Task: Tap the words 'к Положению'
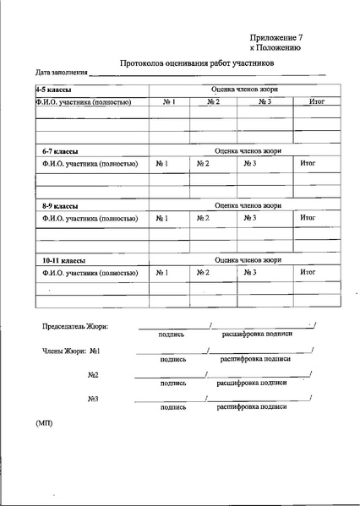tap(275, 49)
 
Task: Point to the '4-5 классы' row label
tap(52, 89)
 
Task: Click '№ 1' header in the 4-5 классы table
tap(168, 102)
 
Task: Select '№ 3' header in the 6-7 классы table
tap(249, 162)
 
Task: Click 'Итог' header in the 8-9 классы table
tap(308, 218)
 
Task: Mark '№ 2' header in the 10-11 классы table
tap(203, 273)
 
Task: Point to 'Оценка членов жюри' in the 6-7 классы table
tap(248, 150)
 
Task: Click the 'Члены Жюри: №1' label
tap(72, 351)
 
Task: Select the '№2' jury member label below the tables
tap(93, 374)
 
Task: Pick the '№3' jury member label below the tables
tap(93, 399)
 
